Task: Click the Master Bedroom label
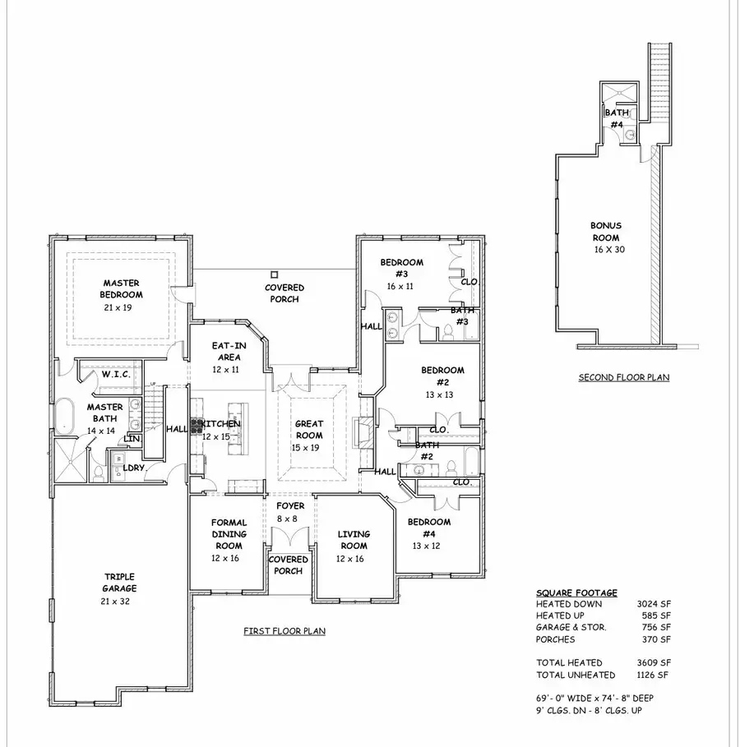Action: tap(121, 288)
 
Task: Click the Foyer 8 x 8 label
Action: tap(290, 512)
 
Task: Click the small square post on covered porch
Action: tap(275, 274)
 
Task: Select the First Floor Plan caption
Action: tap(284, 631)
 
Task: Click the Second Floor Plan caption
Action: tap(623, 378)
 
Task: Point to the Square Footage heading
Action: tap(576, 593)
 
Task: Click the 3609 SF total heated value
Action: tap(654, 662)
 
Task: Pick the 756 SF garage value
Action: tap(657, 627)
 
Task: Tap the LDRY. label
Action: tap(133, 468)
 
